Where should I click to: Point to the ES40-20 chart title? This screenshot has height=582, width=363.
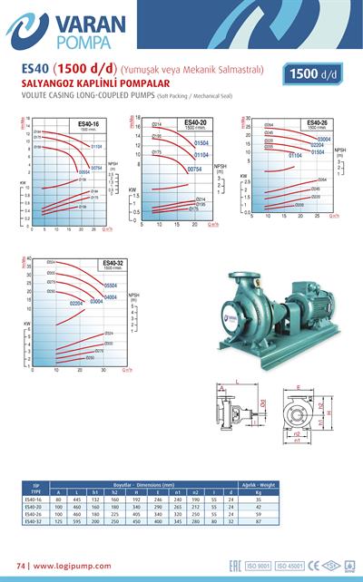[x=196, y=122]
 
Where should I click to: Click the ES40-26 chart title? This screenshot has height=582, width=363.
[x=317, y=122]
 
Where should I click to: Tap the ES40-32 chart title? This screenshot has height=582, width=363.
[x=113, y=263]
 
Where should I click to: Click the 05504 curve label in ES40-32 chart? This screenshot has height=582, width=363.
[x=104, y=285]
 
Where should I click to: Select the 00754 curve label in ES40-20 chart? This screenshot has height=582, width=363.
[x=193, y=170]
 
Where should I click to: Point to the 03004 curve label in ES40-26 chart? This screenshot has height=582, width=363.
[x=323, y=139]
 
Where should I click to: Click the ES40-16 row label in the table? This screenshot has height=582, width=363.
[x=34, y=499]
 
